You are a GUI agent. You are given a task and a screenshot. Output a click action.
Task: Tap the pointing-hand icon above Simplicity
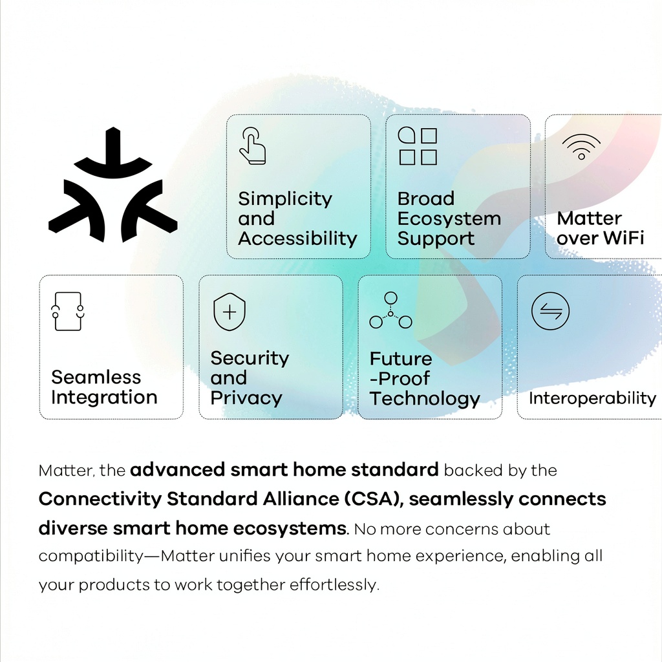(253, 145)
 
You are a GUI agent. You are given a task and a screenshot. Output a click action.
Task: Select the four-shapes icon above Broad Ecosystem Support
(418, 145)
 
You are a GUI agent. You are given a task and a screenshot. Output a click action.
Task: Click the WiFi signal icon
(581, 147)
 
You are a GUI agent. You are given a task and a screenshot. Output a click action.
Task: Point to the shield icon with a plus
(230, 312)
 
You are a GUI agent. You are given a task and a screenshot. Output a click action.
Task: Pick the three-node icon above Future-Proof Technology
(390, 310)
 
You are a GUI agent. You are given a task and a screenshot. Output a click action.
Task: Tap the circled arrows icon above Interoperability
(550, 311)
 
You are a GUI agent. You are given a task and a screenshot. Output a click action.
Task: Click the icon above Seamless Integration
(67, 311)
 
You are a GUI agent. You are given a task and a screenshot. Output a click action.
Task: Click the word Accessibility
(297, 239)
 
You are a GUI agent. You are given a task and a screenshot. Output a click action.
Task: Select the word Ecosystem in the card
(449, 219)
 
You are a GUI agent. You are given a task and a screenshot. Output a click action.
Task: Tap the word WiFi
(623, 238)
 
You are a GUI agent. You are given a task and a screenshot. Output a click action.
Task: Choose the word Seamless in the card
(96, 377)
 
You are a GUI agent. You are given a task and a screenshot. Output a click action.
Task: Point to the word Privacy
(246, 398)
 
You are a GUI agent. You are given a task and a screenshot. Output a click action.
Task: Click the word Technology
(425, 398)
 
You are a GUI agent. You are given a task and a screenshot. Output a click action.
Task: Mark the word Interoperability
(592, 398)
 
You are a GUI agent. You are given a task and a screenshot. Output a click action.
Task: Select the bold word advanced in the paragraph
(177, 470)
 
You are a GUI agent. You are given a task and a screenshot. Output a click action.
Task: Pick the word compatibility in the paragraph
(91, 557)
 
